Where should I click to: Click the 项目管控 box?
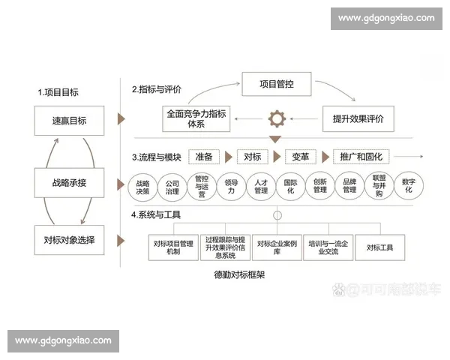(276, 83)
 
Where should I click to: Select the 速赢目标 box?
(69, 120)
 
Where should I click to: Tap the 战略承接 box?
(69, 183)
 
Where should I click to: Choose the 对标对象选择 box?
(69, 240)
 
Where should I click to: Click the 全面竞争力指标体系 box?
(197, 118)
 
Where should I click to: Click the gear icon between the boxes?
(277, 118)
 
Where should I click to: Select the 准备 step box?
(204, 157)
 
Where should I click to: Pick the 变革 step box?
(300, 157)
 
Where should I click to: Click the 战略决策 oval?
(142, 186)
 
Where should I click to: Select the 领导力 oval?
(231, 186)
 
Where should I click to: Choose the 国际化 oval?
(290, 186)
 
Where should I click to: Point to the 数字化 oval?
(409, 186)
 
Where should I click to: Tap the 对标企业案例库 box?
(277, 247)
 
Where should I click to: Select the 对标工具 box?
(379, 247)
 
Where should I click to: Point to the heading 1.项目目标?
(58, 93)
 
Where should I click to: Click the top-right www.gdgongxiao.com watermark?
(386, 17)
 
